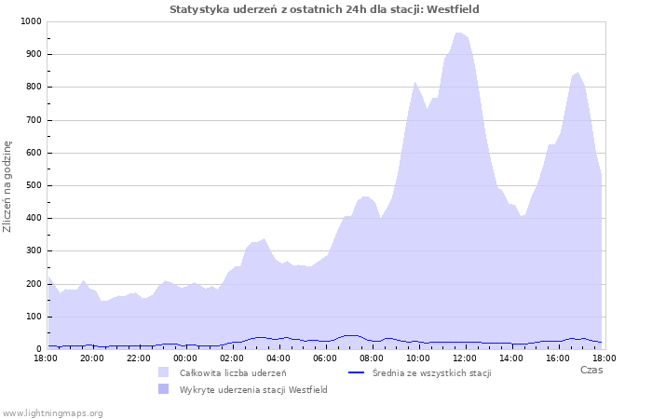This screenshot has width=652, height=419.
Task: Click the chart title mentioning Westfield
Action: coord(324,9)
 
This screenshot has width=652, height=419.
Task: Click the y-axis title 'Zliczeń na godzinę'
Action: coord(7,186)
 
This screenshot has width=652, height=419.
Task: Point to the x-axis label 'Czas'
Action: coord(591,370)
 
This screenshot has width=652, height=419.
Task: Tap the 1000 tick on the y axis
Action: coord(31,21)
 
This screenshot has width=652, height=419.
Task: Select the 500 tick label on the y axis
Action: coord(34,185)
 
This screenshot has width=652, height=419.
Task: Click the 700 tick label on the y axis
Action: coord(34,120)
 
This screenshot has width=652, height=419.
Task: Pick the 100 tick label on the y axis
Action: coord(34,317)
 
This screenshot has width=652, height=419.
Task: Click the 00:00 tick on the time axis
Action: coord(185,358)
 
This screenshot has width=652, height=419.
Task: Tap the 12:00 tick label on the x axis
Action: coord(465,358)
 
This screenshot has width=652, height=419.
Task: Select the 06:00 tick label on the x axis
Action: coord(325,358)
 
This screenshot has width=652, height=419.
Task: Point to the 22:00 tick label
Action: coord(139,358)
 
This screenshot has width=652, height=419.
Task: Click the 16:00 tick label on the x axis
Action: coord(558,358)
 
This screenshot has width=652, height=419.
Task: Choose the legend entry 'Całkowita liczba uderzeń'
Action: coord(232,372)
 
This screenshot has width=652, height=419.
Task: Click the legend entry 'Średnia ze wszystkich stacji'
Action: coord(430,372)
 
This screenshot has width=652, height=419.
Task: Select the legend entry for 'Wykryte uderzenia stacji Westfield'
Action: coord(253,389)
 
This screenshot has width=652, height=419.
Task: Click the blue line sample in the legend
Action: coord(355,372)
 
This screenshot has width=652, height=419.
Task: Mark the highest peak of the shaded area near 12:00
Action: coord(458,33)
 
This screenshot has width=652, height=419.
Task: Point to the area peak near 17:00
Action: coord(577,73)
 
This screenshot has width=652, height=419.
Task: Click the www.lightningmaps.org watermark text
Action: coord(53,412)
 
